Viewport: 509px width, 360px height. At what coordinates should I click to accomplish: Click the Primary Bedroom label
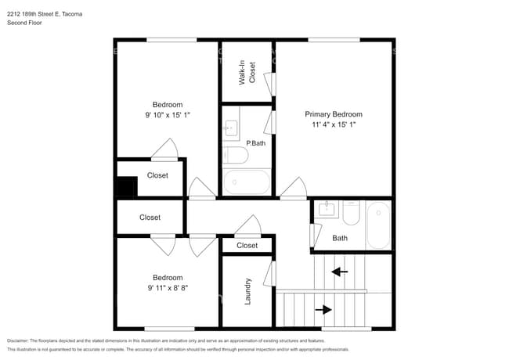click(334, 114)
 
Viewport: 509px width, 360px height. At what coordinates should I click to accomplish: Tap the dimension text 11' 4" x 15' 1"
click(334, 124)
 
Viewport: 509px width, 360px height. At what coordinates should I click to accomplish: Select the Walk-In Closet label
click(247, 73)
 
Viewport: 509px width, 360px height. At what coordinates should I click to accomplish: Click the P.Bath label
click(256, 143)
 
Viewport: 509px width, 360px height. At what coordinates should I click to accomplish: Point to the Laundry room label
click(247, 291)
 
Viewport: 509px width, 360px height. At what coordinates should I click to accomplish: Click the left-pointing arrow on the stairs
click(340, 272)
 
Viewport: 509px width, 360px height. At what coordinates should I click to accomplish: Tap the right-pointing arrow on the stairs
click(323, 310)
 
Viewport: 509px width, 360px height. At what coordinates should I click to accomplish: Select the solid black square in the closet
click(127, 186)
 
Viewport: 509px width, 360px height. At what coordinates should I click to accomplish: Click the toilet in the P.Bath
click(236, 155)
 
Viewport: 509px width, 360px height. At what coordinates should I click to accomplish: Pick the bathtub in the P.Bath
click(247, 182)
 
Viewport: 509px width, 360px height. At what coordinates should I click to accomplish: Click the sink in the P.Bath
click(231, 128)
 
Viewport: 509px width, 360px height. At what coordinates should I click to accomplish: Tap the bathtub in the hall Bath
click(378, 225)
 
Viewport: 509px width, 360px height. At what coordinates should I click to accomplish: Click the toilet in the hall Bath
click(352, 213)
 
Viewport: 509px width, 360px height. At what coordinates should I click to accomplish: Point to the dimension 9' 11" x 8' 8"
click(168, 288)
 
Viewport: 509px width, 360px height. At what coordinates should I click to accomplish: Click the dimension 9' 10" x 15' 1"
click(168, 115)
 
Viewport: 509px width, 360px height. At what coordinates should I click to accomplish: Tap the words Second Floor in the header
click(24, 23)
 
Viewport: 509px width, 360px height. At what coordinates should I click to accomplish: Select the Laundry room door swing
click(269, 274)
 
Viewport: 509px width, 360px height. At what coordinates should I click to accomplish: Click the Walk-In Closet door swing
click(269, 85)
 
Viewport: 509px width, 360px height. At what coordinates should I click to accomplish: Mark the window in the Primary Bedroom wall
click(334, 40)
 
